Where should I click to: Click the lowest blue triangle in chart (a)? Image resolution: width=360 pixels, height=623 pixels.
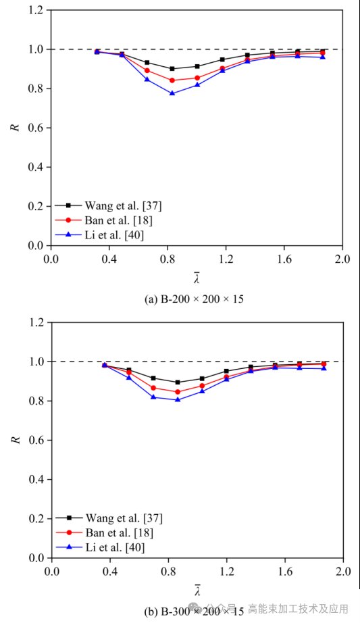coord(172,93)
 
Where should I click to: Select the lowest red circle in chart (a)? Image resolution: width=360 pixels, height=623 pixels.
coord(172,80)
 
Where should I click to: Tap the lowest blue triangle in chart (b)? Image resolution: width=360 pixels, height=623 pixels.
coord(178,399)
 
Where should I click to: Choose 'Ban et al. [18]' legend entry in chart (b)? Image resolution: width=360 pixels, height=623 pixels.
coord(105,532)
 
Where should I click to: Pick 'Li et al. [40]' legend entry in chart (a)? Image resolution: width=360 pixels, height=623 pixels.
coord(100,235)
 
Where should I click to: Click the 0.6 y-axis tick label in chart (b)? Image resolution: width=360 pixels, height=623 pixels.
coord(36,440)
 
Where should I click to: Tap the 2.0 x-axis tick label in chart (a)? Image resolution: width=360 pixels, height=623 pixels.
coord(342,259)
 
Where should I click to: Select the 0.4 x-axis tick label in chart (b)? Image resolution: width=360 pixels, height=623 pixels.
coord(109,572)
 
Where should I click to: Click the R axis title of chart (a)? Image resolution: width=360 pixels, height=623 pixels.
coord(17,128)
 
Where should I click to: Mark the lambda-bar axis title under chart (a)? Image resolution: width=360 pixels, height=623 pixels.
coord(197,278)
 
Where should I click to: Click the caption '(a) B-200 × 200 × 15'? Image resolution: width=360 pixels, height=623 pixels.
coord(194,299)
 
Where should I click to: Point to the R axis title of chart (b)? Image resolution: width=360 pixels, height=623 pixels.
coord(17,440)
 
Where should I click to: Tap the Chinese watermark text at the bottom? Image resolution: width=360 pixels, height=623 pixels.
coord(299,608)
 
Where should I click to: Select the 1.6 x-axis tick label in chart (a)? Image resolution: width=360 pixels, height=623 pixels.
coord(284,259)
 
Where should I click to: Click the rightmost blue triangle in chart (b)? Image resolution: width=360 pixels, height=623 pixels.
coord(324,368)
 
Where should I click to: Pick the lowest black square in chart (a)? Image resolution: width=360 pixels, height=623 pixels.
coord(172,69)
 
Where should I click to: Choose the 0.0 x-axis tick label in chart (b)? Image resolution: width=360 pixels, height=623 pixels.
coord(51,572)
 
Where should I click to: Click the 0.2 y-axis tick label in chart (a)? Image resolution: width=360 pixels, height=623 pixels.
coord(36,206)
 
